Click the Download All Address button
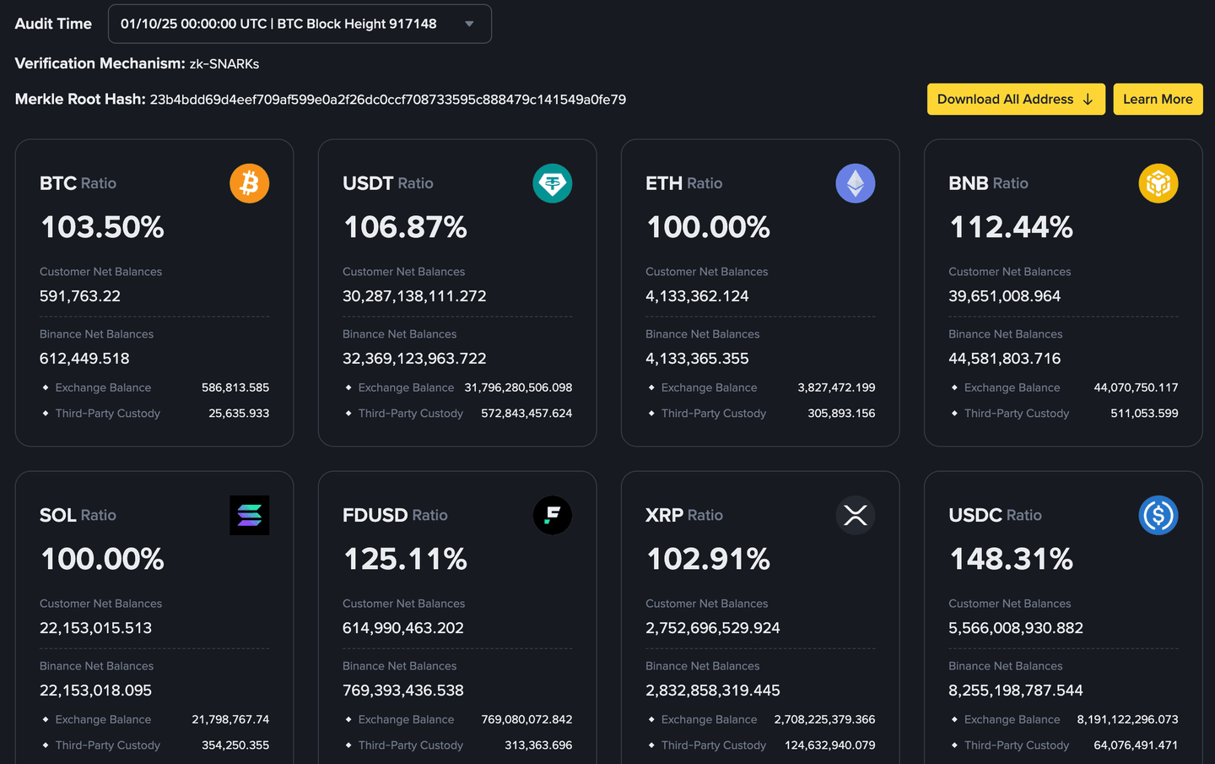coord(1015,100)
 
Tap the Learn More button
coord(1158,100)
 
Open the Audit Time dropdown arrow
coord(470,24)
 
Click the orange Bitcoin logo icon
coord(250,183)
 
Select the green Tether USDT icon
coord(553,183)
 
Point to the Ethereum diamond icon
coord(856,183)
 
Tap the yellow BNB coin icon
coord(1158,183)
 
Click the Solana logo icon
coord(250,515)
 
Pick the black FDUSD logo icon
coord(553,515)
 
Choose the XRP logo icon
coord(856,515)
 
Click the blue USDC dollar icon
coord(1158,515)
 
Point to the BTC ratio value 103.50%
coord(102,227)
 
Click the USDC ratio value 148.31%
coord(1011,559)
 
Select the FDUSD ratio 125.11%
coord(405,559)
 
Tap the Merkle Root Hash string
coord(387,100)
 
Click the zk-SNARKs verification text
coord(224,64)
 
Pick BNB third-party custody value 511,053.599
coord(1144,414)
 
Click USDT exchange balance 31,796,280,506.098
coord(518,387)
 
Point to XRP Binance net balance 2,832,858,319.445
coord(713,691)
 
